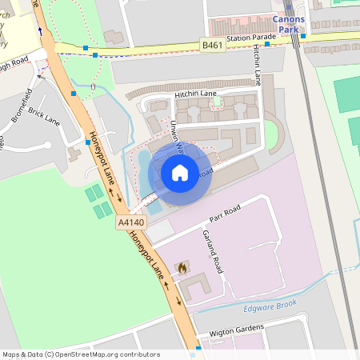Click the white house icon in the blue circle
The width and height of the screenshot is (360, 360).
(180, 172)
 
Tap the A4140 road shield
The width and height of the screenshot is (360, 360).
(130, 222)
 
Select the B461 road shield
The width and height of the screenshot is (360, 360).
(212, 46)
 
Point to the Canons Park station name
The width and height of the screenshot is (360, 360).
(288, 22)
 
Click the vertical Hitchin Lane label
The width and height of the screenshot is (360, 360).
(257, 65)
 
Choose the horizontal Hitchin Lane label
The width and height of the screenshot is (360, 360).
(196, 94)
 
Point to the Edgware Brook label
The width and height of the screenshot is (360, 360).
(269, 304)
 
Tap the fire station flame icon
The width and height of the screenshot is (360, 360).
(182, 268)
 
